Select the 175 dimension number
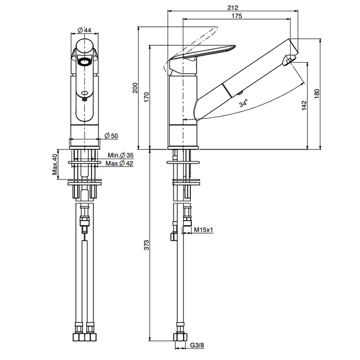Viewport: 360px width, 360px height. click(237, 16)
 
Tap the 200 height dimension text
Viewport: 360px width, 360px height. click(135, 88)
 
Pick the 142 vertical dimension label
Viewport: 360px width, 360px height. click(304, 105)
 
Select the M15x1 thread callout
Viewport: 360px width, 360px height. click(204, 230)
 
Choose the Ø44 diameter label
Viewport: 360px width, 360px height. click(85, 30)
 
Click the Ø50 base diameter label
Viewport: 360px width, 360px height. click(111, 135)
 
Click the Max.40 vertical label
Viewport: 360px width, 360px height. click(56, 164)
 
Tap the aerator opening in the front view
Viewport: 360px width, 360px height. click(84, 62)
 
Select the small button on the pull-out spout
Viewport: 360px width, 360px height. click(240, 93)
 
